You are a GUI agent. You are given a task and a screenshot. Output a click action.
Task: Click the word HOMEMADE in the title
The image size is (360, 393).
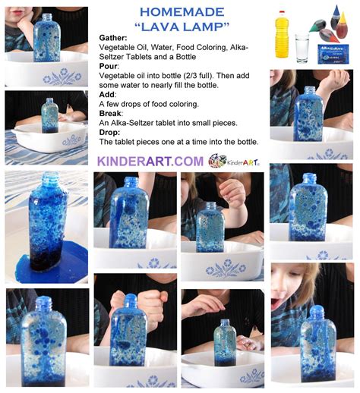pos(182,12)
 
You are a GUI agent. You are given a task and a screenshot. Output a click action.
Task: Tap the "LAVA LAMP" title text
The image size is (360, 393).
pos(182,27)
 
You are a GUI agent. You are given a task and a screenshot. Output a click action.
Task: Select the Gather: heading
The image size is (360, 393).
pos(113,38)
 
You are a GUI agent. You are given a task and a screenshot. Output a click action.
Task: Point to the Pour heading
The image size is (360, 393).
pos(109,66)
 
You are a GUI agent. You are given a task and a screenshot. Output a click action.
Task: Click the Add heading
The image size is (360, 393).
pos(107,95)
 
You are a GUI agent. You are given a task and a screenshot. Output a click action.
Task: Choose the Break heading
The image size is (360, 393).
pos(110,113)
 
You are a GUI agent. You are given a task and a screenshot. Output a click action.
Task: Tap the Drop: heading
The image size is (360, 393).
pos(109,132)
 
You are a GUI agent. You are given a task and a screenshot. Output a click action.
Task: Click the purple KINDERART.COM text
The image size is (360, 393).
pos(150,162)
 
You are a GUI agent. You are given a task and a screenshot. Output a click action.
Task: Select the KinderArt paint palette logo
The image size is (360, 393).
pos(217,160)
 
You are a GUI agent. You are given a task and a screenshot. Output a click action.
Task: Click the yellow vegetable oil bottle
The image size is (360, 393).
pos(282,34)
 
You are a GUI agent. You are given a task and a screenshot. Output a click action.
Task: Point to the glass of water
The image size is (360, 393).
pos(302,48)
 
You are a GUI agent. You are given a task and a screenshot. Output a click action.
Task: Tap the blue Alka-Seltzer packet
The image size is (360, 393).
pos(333,54)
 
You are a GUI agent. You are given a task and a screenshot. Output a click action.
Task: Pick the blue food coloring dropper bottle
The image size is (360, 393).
pos(336,17)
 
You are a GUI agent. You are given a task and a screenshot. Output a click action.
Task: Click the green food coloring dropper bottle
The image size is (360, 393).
pos(317,26)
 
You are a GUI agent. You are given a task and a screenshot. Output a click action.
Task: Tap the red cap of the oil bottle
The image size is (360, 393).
pos(282,12)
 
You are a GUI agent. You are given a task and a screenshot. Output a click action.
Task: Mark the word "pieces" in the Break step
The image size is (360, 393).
pos(225,123)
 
